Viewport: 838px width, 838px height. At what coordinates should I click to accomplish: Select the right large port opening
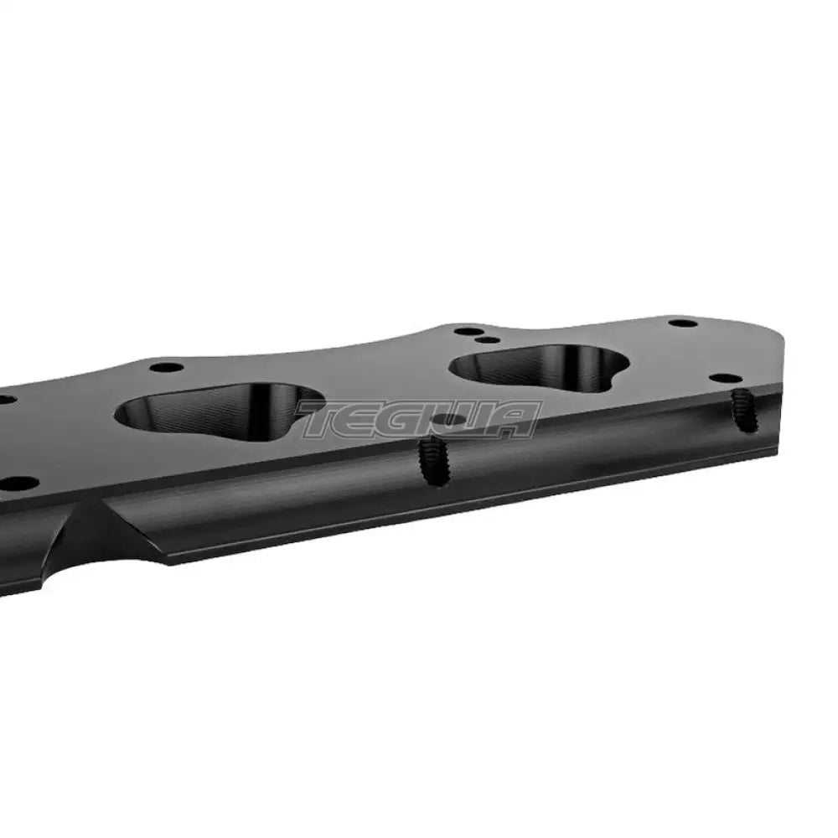(539, 370)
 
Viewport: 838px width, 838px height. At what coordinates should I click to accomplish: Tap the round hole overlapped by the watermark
(451, 420)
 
